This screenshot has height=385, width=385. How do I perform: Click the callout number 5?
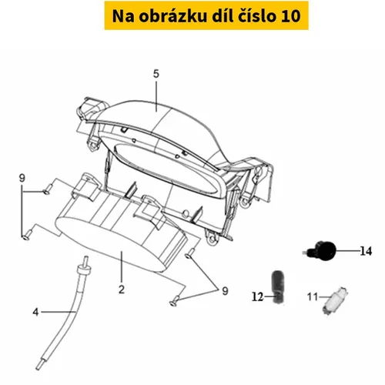pyautogui.click(x=156, y=74)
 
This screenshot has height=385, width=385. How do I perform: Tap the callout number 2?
pyautogui.click(x=122, y=290)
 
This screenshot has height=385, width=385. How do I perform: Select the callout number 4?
pyautogui.click(x=35, y=312)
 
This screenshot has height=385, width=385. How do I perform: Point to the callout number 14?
pyautogui.click(x=366, y=251)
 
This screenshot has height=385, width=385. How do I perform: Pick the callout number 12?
pyautogui.click(x=258, y=297)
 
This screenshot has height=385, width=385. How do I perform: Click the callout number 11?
pyautogui.click(x=313, y=297)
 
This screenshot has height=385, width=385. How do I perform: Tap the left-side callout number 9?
pyautogui.click(x=22, y=178)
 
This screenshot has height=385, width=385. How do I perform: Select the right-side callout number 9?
pyautogui.click(x=225, y=291)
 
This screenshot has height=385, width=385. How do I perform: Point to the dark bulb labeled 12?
pyautogui.click(x=278, y=287)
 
